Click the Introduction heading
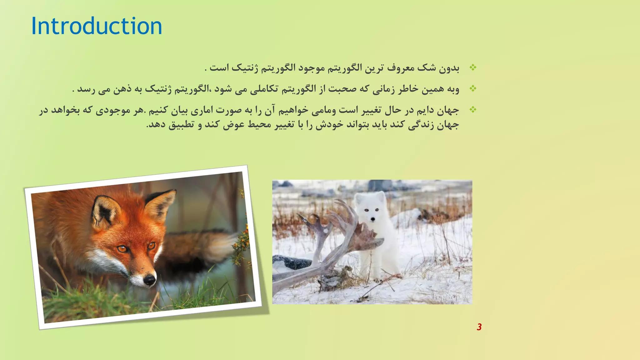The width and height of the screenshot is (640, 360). (97, 26)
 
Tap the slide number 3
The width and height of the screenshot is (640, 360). (479, 327)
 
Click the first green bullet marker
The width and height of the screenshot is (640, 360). (473, 67)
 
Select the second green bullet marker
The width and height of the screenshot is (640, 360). (473, 89)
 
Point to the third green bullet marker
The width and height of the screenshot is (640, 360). (473, 109)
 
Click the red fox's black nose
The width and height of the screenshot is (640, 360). (150, 279)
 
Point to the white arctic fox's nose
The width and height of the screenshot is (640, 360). (372, 219)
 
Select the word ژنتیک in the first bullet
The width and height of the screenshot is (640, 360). (246, 68)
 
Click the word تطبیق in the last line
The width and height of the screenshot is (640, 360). (181, 125)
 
